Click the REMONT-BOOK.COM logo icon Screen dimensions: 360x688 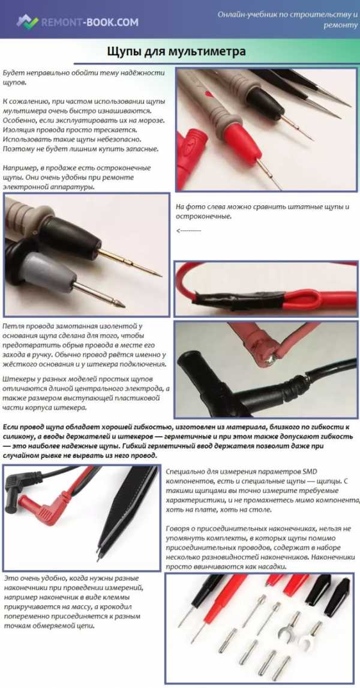(x=27, y=22)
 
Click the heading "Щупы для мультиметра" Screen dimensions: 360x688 (x=176, y=52)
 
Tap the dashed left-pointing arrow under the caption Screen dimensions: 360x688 (x=188, y=231)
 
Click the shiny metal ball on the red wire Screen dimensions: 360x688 (x=269, y=360)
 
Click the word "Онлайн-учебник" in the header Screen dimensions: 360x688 (x=246, y=14)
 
